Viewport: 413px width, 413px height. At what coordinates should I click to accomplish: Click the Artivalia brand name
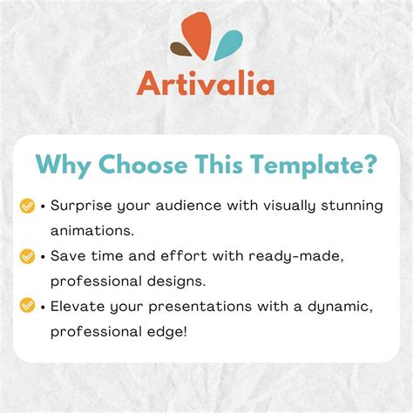point(206,85)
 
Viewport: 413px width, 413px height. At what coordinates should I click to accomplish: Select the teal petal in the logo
point(228,45)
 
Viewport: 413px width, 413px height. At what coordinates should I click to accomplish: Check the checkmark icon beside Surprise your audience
point(27,206)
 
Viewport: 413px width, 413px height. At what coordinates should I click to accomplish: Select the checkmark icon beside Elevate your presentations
point(27,306)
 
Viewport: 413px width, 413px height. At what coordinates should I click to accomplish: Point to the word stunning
point(354,206)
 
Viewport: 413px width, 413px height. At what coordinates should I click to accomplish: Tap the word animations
point(91,232)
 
